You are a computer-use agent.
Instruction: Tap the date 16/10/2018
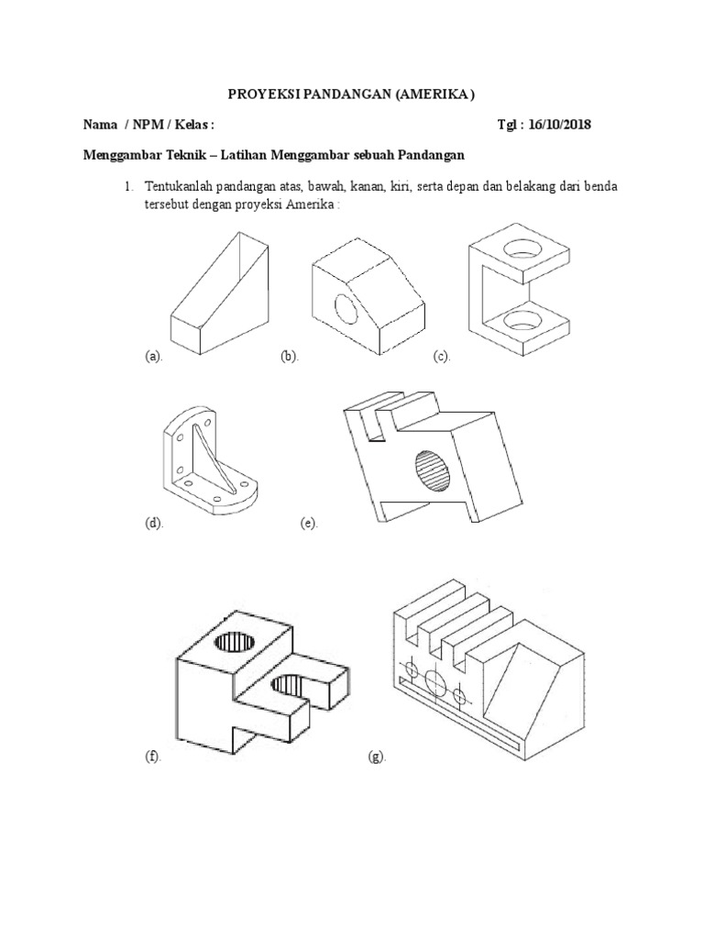(x=556, y=125)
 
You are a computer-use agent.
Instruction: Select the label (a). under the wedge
(x=153, y=356)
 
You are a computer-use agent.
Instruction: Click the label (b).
(x=291, y=356)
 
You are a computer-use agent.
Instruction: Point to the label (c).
(x=443, y=356)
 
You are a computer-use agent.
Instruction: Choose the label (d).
(x=153, y=524)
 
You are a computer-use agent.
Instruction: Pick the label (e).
(x=308, y=524)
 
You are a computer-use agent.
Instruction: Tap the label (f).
(x=152, y=757)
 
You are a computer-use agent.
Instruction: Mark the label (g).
(x=377, y=757)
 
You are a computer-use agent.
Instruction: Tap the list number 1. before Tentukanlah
(x=130, y=187)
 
